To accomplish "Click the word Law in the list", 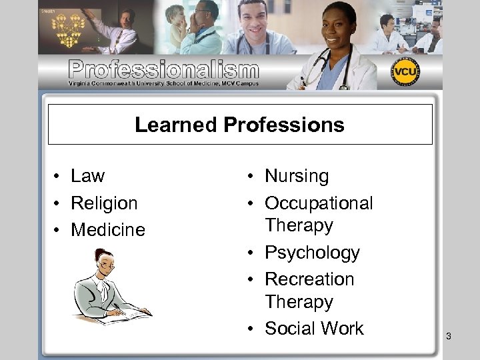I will (x=87, y=176).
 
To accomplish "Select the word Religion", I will (x=104, y=203).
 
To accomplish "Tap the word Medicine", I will (x=107, y=230).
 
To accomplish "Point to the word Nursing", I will (x=297, y=176).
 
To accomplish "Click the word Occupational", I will (x=319, y=203).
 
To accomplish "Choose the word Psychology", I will (x=311, y=253).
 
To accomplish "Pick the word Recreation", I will (x=309, y=279).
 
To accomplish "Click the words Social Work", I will (x=314, y=328).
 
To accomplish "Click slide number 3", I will (x=449, y=336).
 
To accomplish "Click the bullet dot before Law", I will (x=59, y=177).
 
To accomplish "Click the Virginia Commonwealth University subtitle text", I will (x=163, y=84).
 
